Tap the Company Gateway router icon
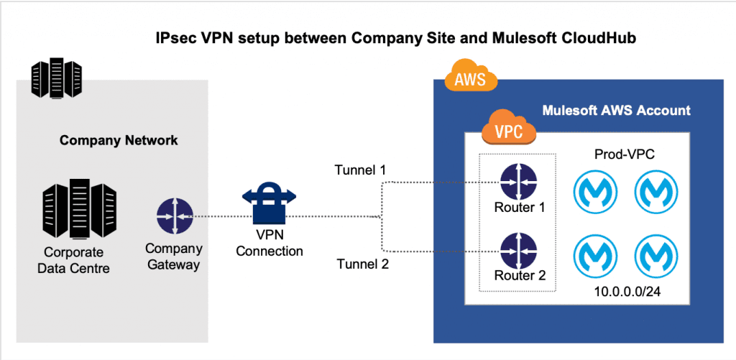[x=174, y=216]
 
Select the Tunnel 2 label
[x=363, y=264]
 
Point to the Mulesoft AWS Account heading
[x=617, y=111]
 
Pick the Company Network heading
[x=119, y=139]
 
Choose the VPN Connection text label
[x=270, y=244]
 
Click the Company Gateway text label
[x=174, y=257]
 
